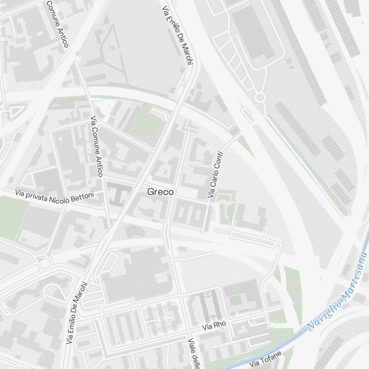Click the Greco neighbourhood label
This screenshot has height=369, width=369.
click(x=160, y=192)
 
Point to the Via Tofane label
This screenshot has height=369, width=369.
click(x=265, y=359)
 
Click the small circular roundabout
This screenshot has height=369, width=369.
click(x=260, y=98)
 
